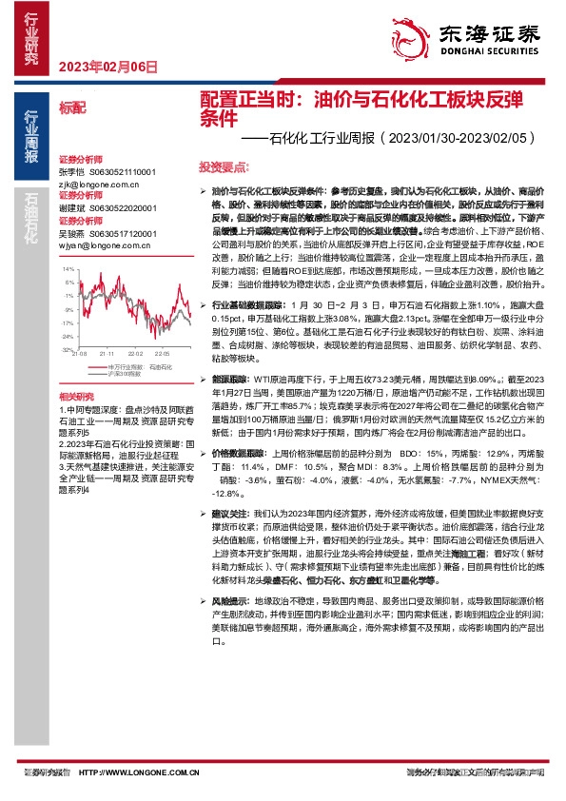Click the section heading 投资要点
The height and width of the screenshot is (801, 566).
click(220, 166)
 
